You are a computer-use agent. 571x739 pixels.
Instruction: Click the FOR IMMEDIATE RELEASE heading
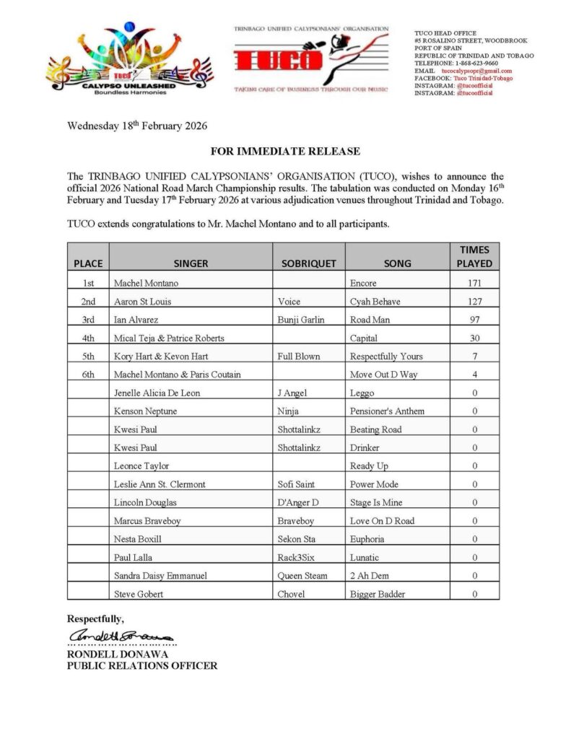click(285, 152)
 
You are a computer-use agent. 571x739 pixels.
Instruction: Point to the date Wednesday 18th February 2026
click(137, 126)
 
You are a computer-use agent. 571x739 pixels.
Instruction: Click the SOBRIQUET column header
click(308, 263)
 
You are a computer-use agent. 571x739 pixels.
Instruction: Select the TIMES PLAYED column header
click(474, 256)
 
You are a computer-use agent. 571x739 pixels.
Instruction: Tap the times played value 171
click(474, 284)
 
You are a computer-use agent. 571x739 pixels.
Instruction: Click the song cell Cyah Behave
click(375, 302)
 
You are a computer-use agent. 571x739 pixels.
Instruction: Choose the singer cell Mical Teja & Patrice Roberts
click(169, 338)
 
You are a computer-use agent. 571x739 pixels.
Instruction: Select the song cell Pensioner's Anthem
click(387, 411)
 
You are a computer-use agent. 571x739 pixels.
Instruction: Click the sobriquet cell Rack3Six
click(297, 557)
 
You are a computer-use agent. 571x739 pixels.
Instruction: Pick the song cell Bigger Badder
click(378, 594)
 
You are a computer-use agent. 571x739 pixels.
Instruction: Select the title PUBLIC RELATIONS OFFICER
click(141, 666)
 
